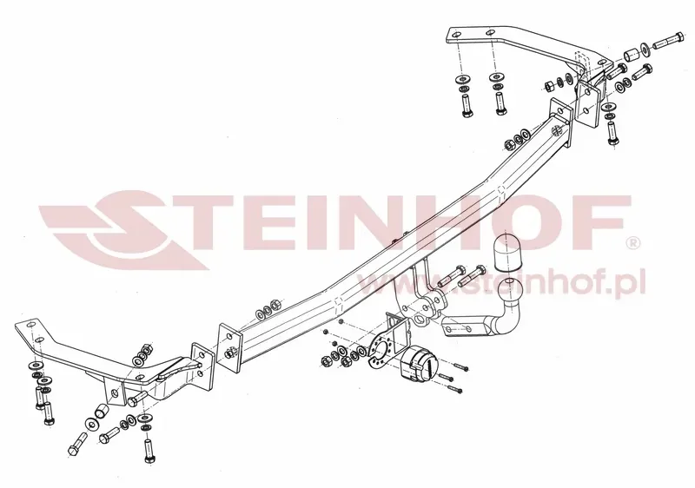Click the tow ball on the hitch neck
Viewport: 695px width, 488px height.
[x=510, y=292]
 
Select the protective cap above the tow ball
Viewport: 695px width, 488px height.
[x=508, y=252]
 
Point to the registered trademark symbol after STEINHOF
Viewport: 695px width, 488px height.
[x=632, y=242]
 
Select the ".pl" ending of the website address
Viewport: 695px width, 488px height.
[x=632, y=283]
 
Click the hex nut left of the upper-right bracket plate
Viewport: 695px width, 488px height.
[x=548, y=85]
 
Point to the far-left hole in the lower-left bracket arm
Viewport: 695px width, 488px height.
[x=30, y=326]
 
